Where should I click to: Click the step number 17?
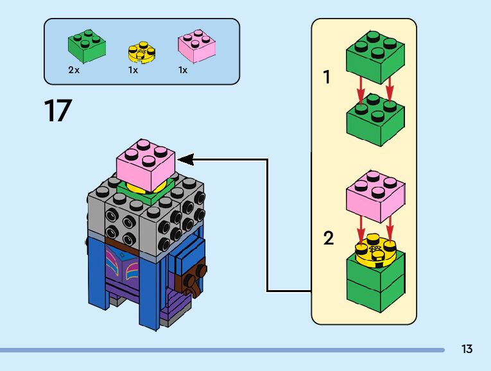pyautogui.click(x=57, y=110)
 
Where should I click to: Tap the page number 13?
pyautogui.click(x=467, y=349)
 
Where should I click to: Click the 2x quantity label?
pyautogui.click(x=74, y=70)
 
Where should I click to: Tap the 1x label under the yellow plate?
pyautogui.click(x=133, y=70)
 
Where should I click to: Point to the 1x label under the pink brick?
pyautogui.click(x=183, y=70)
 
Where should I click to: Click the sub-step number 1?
pyautogui.click(x=327, y=78)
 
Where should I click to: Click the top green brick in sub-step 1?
pyautogui.click(x=375, y=58)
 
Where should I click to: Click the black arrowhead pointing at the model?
pyautogui.click(x=184, y=159)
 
